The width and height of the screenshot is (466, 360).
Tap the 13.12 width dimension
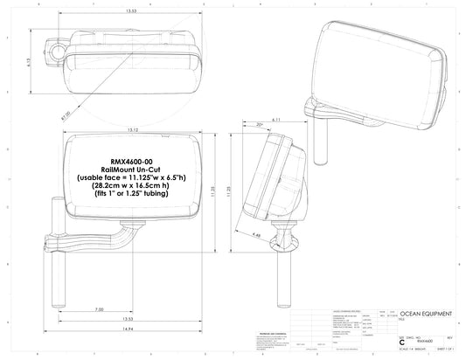click(131, 130)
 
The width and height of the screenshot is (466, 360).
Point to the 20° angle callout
click(260, 125)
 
